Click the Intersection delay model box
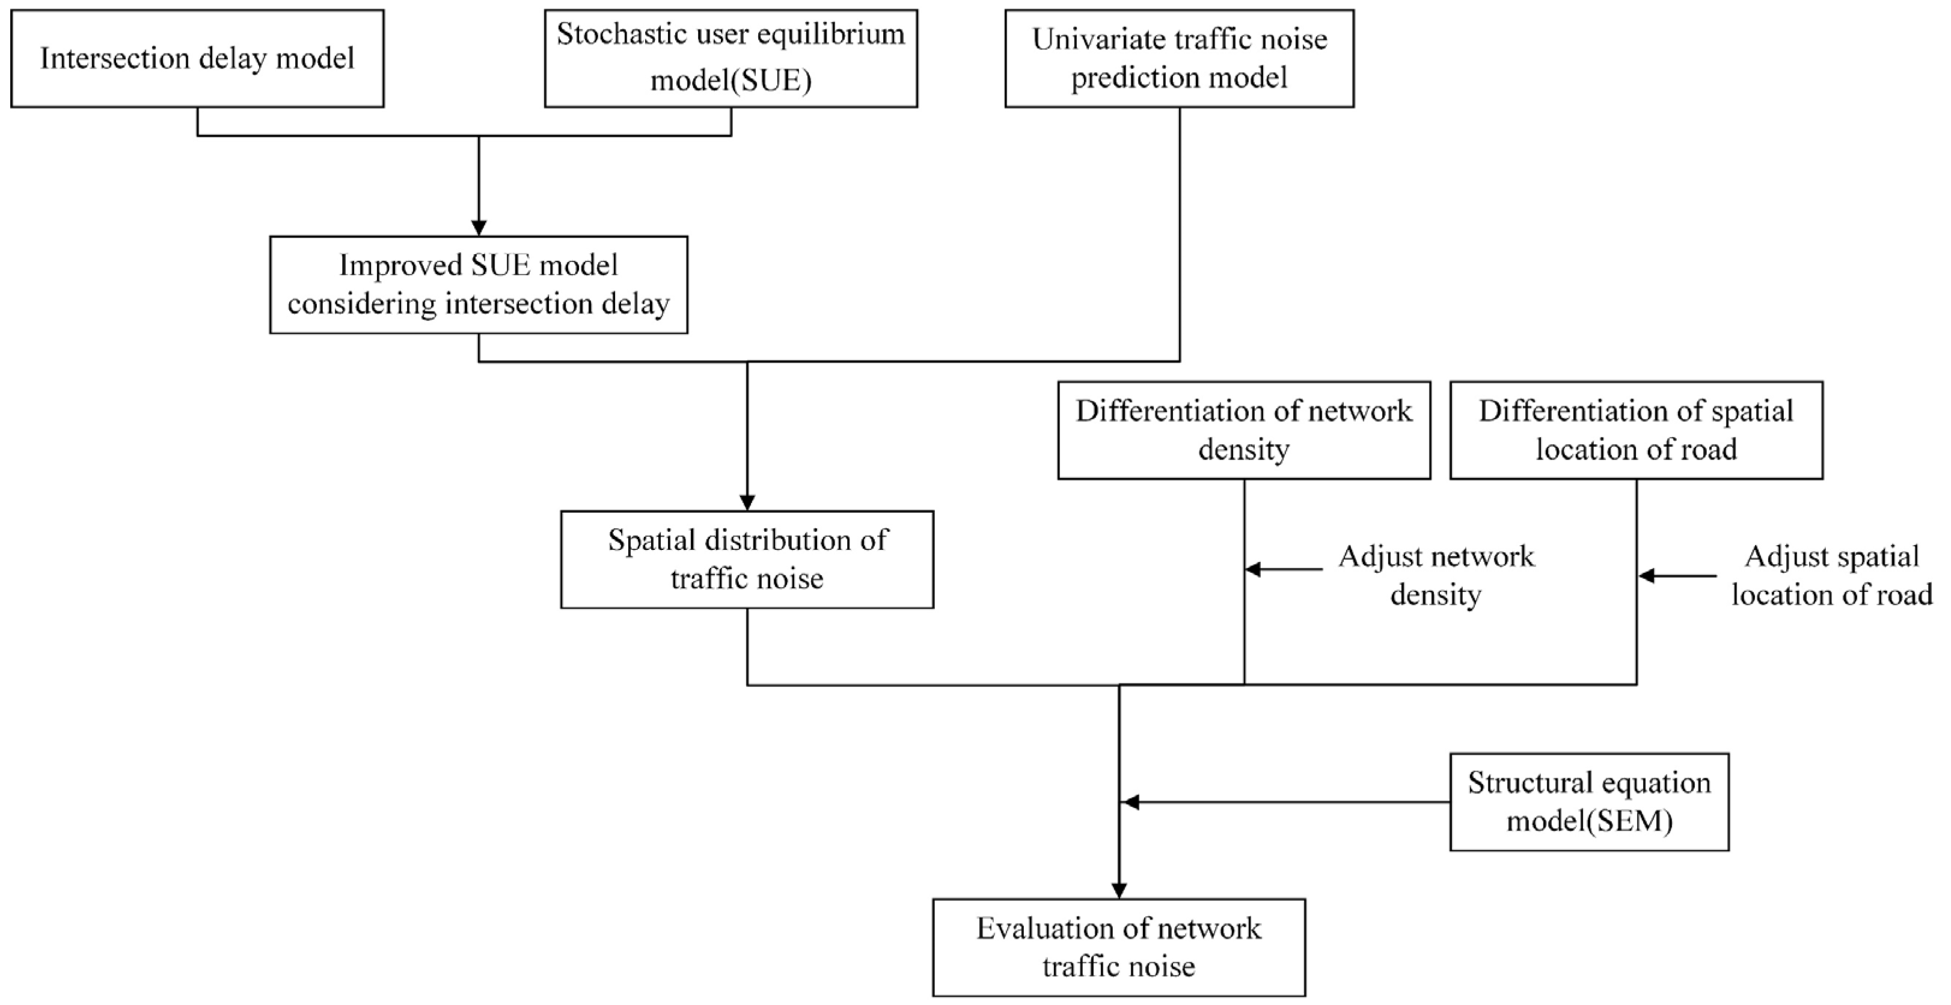(x=197, y=58)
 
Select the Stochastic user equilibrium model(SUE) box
(x=731, y=58)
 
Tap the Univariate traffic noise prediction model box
(x=1179, y=58)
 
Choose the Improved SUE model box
(x=479, y=285)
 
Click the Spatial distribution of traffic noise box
(x=747, y=560)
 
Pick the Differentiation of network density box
(x=1243, y=430)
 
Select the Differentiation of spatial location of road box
(x=1636, y=430)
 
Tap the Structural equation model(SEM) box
(x=1589, y=802)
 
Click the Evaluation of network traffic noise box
(x=1119, y=947)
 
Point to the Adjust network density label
(x=1436, y=576)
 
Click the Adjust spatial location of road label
(x=1831, y=576)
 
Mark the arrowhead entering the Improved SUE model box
(x=479, y=228)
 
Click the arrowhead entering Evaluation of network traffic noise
(x=1119, y=891)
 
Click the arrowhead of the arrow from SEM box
(x=1129, y=802)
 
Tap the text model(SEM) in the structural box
(x=1589, y=821)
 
